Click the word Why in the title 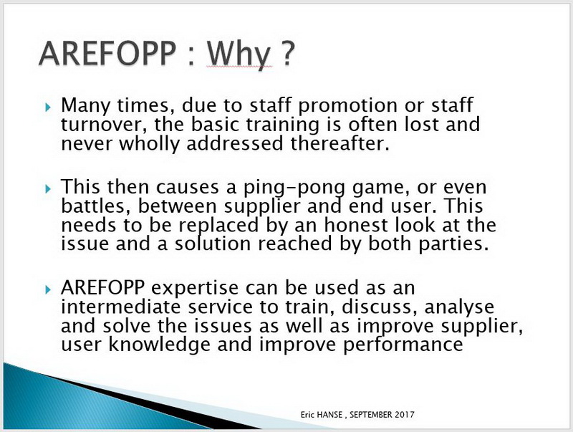click(x=240, y=54)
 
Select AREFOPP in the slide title click(x=107, y=53)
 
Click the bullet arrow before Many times click(x=48, y=107)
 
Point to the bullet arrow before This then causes click(x=48, y=188)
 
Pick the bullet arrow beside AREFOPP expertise click(x=48, y=289)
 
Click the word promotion click(x=347, y=106)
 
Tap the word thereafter click(x=338, y=143)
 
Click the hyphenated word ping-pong click(x=294, y=188)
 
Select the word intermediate click(x=120, y=307)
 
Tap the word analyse click(x=459, y=308)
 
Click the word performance click(x=403, y=345)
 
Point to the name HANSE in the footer click(x=329, y=415)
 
